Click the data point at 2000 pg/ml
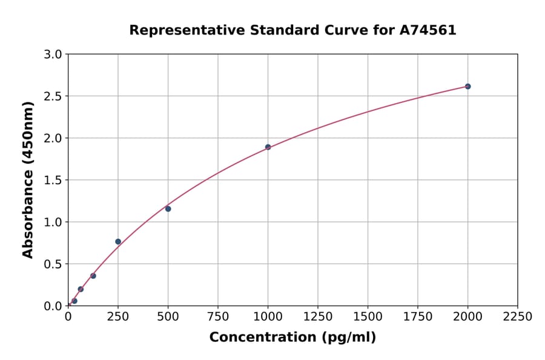pyautogui.click(x=467, y=87)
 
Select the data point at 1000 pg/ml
pyautogui.click(x=268, y=147)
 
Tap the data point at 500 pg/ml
pyautogui.click(x=168, y=208)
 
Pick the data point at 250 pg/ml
pyautogui.click(x=118, y=241)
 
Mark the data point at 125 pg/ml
pyautogui.click(x=93, y=276)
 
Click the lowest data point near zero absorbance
pyautogui.click(x=74, y=301)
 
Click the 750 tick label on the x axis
pyautogui.click(x=218, y=316)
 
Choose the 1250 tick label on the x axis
pyautogui.click(x=318, y=316)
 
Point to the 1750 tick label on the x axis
pyautogui.click(x=418, y=316)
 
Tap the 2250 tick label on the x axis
pyautogui.click(x=518, y=316)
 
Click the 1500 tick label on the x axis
pyautogui.click(x=368, y=316)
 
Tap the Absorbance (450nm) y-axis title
pyautogui.click(x=28, y=179)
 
